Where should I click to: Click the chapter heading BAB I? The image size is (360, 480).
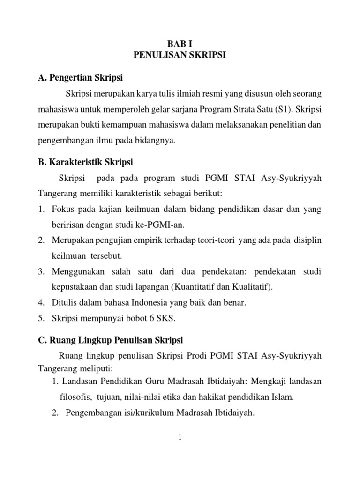tap(180, 45)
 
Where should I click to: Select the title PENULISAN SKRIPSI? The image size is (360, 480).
tap(180, 55)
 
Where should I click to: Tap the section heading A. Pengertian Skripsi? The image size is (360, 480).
tap(83, 77)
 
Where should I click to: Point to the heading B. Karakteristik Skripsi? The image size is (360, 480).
tap(86, 162)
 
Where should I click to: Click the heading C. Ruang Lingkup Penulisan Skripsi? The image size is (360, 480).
tap(111, 339)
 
